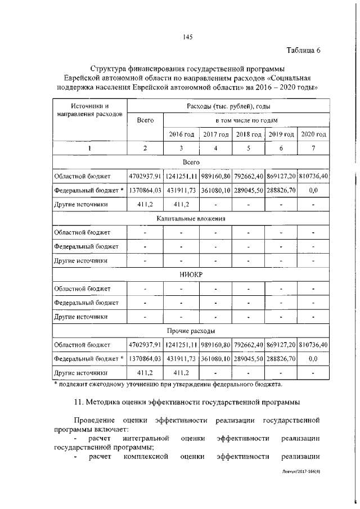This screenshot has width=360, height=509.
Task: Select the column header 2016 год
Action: pyautogui.click(x=182, y=134)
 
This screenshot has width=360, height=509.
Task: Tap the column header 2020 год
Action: pyautogui.click(x=313, y=134)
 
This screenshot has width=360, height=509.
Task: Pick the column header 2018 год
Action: pyautogui.click(x=248, y=134)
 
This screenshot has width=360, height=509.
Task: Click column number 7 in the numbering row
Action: pyautogui.click(x=313, y=148)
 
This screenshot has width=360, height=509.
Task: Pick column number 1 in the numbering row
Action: pyautogui.click(x=89, y=148)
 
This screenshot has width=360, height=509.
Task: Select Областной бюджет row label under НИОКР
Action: pyautogui.click(x=82, y=289)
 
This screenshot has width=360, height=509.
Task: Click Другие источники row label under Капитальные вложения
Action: pyautogui.click(x=80, y=260)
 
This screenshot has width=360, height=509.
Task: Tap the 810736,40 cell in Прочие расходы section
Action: pyautogui.click(x=313, y=344)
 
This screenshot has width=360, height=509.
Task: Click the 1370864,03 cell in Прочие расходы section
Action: pyautogui.click(x=145, y=358)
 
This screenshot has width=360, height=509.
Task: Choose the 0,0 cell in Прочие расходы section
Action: pyautogui.click(x=313, y=358)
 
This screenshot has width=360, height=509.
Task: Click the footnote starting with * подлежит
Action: pyautogui.click(x=168, y=384)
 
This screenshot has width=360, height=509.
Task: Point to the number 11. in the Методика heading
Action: pyautogui.click(x=80, y=402)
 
